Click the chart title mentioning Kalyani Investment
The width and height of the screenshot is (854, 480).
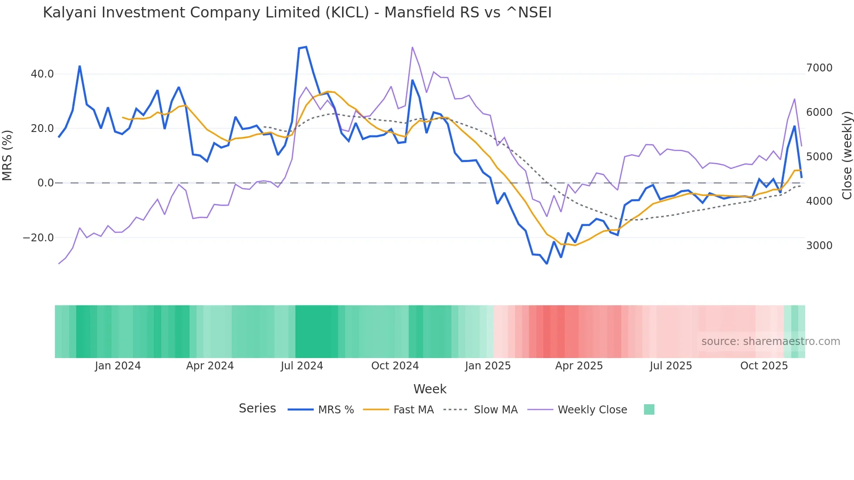click(x=297, y=13)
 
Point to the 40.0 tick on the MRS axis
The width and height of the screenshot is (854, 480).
click(x=42, y=74)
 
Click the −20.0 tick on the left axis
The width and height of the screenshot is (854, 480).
click(x=38, y=238)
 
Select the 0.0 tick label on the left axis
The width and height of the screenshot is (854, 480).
click(x=45, y=183)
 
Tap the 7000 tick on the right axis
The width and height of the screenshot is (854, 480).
click(x=819, y=68)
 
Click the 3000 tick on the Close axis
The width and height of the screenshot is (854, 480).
click(x=819, y=246)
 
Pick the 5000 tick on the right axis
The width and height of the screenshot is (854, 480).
click(x=819, y=157)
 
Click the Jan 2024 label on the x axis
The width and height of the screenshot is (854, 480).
click(x=118, y=366)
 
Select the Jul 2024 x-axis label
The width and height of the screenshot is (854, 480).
click(x=302, y=366)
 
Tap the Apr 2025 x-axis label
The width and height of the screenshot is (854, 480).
click(x=579, y=366)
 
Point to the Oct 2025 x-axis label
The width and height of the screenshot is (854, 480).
click(x=764, y=366)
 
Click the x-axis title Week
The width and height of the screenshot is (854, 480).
click(x=430, y=389)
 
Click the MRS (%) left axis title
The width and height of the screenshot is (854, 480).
click(x=7, y=155)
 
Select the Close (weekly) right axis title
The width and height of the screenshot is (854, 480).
click(x=847, y=155)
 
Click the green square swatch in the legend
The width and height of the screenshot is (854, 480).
click(x=649, y=409)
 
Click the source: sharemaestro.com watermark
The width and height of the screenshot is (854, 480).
click(x=770, y=341)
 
